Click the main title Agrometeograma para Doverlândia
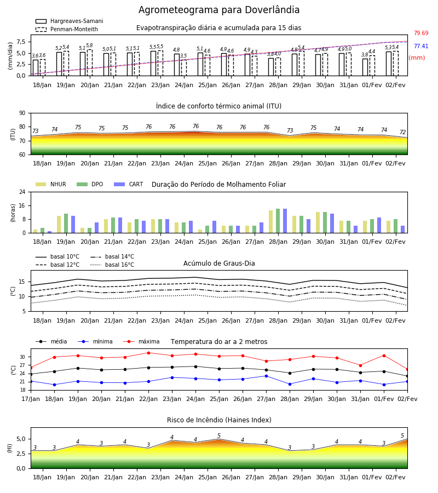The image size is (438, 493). click(218, 10)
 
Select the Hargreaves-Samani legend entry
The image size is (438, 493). click(69, 21)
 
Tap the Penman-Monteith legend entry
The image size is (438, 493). click(67, 29)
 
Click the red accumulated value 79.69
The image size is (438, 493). click(421, 33)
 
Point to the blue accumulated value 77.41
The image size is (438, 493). click(421, 46)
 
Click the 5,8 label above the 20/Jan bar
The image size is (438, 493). click(90, 45)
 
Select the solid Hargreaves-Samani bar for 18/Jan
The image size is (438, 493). click(36, 67)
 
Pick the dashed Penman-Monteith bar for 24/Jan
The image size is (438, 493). click(184, 68)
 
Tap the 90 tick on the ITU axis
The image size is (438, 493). click(22, 113)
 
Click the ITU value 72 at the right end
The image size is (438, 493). click(403, 133)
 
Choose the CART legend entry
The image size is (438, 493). click(129, 184)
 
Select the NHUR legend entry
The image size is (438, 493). click(51, 184)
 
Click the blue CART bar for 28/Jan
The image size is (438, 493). click(285, 221)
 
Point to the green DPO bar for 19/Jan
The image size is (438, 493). click(66, 223)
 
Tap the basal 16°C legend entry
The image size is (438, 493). click(112, 265)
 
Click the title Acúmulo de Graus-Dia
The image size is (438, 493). click(219, 263)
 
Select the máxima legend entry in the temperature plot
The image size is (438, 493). click(141, 341)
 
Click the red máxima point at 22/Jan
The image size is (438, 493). click(148, 353)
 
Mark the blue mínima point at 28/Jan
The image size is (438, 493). click(290, 384)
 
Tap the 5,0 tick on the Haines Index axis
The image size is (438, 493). click(21, 439)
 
